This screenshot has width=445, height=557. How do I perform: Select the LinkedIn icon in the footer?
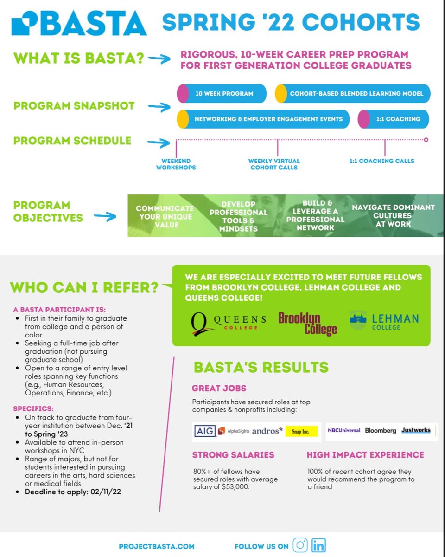[x=319, y=546]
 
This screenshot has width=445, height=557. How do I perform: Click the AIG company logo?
[x=204, y=431]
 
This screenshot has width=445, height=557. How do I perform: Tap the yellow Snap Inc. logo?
[x=302, y=432]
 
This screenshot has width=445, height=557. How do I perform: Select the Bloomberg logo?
[x=381, y=430]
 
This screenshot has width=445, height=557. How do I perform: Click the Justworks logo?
[x=416, y=430]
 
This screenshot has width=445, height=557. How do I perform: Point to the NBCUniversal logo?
[x=344, y=430]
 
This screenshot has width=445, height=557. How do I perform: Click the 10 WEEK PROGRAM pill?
[x=222, y=93]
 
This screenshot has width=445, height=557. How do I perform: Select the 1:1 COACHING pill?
[x=394, y=119]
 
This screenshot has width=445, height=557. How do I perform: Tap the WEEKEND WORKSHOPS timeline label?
[x=176, y=164]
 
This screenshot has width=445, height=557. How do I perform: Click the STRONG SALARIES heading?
[x=233, y=455]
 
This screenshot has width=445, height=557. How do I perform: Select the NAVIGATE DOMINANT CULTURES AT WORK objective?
[x=393, y=215]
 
